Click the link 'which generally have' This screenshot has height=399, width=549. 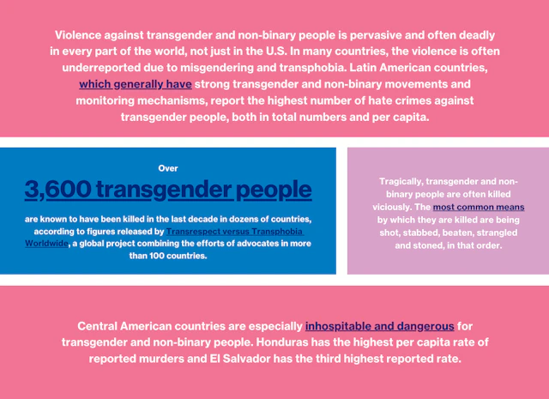136,85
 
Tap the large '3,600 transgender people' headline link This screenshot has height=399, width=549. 168,189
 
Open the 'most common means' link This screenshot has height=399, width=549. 479,208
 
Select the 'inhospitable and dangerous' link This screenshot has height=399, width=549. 380,326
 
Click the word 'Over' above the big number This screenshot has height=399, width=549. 168,168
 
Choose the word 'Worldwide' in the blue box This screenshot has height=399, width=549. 47,244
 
